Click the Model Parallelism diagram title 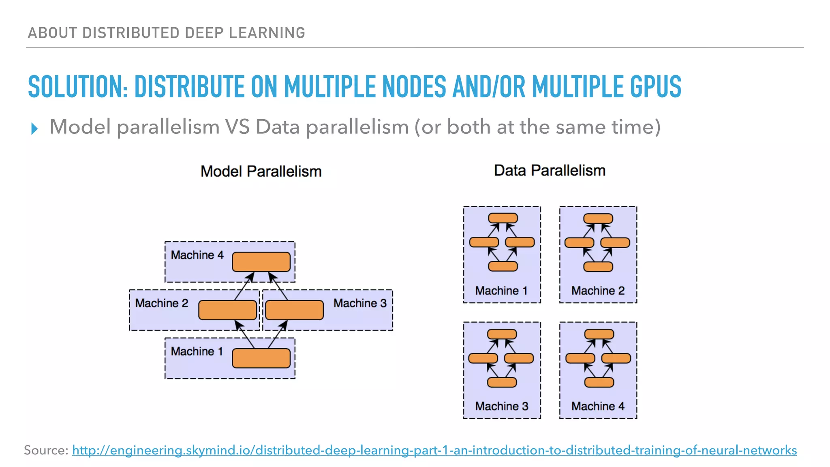tap(261, 171)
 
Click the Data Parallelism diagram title tap(550, 171)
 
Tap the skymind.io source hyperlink tap(434, 450)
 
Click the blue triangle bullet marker tap(34, 129)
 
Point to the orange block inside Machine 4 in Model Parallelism tap(261, 262)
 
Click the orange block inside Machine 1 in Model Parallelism tap(261, 358)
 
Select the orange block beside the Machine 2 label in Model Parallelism tap(227, 310)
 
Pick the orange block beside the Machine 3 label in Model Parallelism tap(294, 310)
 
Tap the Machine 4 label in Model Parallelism tap(197, 255)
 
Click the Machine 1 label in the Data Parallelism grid tap(501, 291)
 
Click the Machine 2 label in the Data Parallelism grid tap(598, 291)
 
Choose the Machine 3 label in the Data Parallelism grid tap(501, 406)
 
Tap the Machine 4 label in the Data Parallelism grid tap(598, 406)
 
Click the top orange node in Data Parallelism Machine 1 tap(503, 218)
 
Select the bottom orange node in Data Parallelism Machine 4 tap(599, 382)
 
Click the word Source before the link tap(46, 450)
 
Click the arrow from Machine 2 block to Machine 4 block tap(245, 286)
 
